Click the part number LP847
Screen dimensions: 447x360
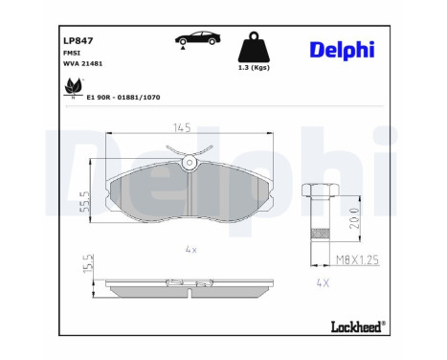coord(78,41)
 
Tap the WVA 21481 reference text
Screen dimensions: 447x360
coord(83,63)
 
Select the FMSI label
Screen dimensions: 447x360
coord(72,53)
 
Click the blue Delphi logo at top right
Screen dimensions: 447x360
coord(342,51)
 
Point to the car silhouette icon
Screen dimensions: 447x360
coord(198,39)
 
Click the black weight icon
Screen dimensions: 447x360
coord(254,47)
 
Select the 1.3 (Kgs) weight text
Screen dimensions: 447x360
coord(254,68)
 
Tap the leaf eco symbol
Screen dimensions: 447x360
coord(74,88)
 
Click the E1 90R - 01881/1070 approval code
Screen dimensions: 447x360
coord(123,97)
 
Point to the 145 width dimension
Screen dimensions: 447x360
coord(182,127)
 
